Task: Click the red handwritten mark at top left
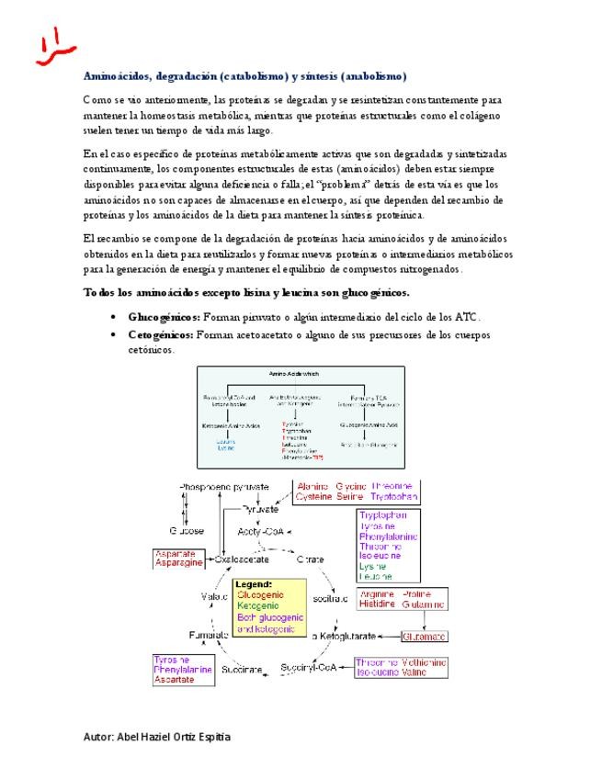coord(44,48)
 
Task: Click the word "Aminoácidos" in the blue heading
coord(119,76)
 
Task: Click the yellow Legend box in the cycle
coord(269,607)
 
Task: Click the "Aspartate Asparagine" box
coord(179,559)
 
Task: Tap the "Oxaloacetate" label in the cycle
coord(241,559)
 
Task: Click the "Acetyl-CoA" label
coord(261,531)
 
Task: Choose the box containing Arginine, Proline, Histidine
coord(402,599)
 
